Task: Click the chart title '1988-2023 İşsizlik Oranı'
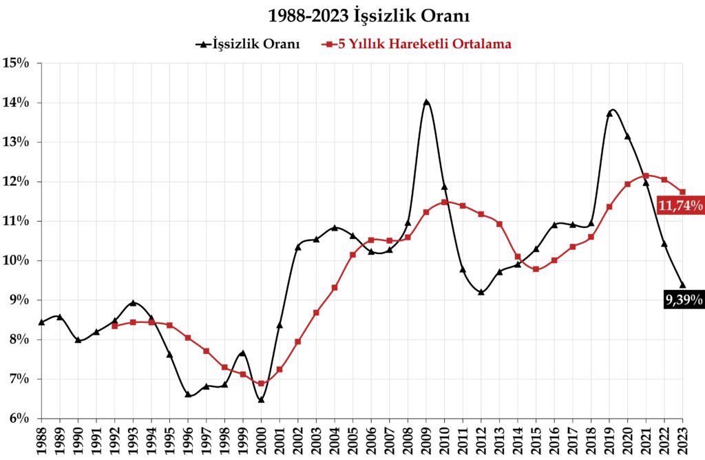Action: tap(352, 14)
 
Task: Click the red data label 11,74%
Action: tap(680, 205)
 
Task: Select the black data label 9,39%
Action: tap(683, 300)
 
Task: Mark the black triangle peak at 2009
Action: tap(426, 103)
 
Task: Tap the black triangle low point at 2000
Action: tap(261, 399)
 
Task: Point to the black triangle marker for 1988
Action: tap(41, 322)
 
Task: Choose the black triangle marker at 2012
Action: tap(481, 292)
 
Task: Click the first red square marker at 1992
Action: tap(114, 326)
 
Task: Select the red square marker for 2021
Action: tap(646, 176)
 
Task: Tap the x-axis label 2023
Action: tap(683, 441)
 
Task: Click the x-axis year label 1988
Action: tap(41, 441)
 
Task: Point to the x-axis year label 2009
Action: tap(426, 441)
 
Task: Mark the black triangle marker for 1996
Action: tap(188, 395)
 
